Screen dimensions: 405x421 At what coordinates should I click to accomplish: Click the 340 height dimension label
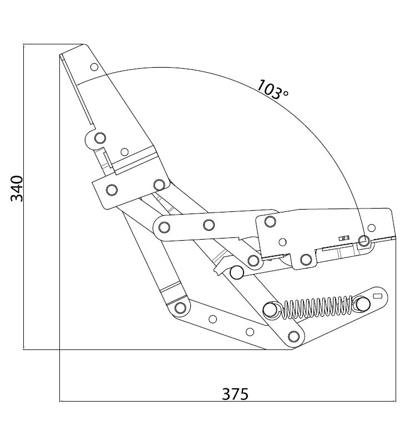pos(17,188)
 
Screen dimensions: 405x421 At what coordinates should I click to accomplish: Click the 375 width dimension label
pos(235,394)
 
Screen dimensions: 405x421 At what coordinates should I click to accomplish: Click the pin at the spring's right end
pos(363,304)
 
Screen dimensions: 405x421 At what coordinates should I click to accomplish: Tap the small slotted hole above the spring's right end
pos(378,296)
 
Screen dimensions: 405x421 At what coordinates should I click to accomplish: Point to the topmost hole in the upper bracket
pos(94,67)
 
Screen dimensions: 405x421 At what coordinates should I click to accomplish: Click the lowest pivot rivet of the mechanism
pos(293,336)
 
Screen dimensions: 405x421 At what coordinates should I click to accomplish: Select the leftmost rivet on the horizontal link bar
pos(164,227)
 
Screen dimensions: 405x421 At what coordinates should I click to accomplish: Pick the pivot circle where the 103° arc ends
pos(364,240)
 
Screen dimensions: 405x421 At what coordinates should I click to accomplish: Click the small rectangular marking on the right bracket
pos(344,238)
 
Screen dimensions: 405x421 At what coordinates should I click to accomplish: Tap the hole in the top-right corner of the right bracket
pos(371,228)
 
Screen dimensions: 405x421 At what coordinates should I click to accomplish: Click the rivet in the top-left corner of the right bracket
pos(270,221)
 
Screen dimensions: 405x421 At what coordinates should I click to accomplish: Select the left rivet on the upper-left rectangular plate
pos(112,190)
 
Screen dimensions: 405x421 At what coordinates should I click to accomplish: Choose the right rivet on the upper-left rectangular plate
pos(159,185)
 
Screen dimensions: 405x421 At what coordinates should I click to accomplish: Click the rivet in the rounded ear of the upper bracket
pos(100,138)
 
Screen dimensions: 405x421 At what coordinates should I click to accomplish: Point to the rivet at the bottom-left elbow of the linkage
pos(180,308)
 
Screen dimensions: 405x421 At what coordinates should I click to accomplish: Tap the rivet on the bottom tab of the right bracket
pos(306,260)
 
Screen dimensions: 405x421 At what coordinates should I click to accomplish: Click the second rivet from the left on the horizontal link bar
pos(209,225)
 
